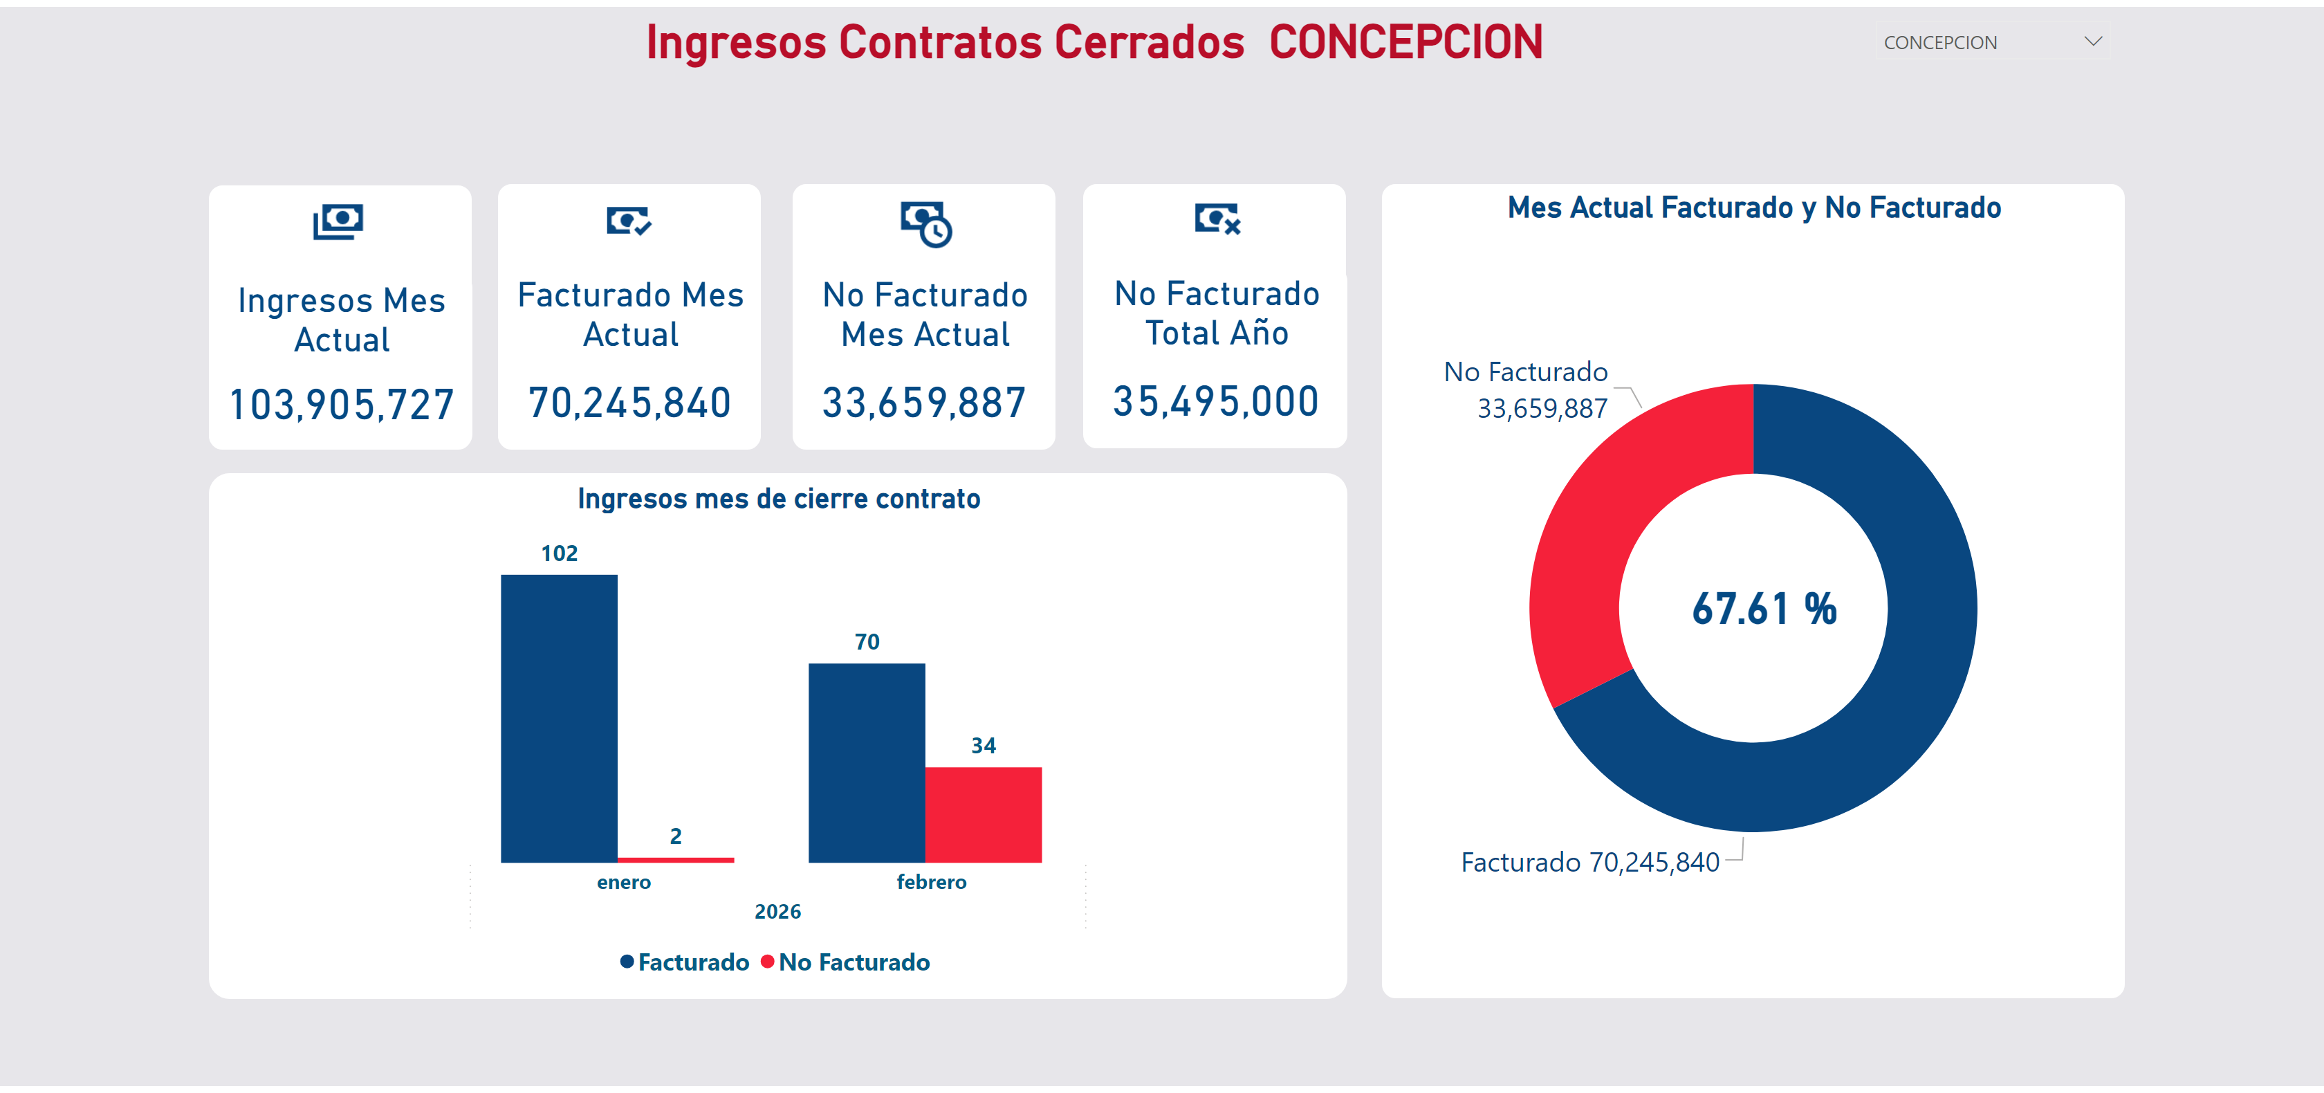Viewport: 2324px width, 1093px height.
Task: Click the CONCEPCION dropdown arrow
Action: pos(2093,42)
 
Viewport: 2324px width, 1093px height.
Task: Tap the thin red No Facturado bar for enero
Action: pos(675,859)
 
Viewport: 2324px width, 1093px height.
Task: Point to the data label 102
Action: pos(560,553)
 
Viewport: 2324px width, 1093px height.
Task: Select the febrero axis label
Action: pos(931,882)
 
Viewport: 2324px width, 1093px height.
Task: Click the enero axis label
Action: pos(623,882)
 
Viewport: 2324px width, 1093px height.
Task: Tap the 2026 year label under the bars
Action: pos(777,912)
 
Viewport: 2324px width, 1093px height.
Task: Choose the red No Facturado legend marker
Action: pos(767,962)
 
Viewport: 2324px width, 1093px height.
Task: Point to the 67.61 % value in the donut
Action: pos(1764,609)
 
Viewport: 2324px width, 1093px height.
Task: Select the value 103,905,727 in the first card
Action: pos(341,405)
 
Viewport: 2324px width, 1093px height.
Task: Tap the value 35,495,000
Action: pos(1215,402)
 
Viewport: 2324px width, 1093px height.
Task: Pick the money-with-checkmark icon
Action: pos(629,220)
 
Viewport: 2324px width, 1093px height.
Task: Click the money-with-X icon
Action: pos(1217,219)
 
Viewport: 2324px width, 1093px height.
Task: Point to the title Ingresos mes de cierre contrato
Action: pos(779,499)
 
